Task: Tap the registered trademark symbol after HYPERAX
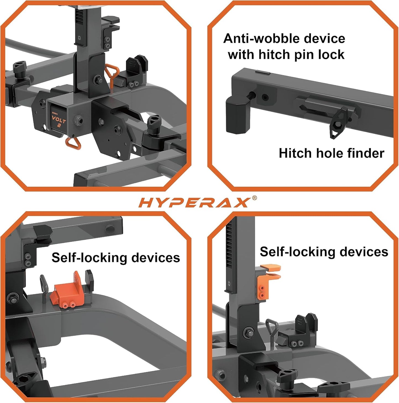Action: (254, 198)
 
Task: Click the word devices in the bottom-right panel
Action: (364, 252)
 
